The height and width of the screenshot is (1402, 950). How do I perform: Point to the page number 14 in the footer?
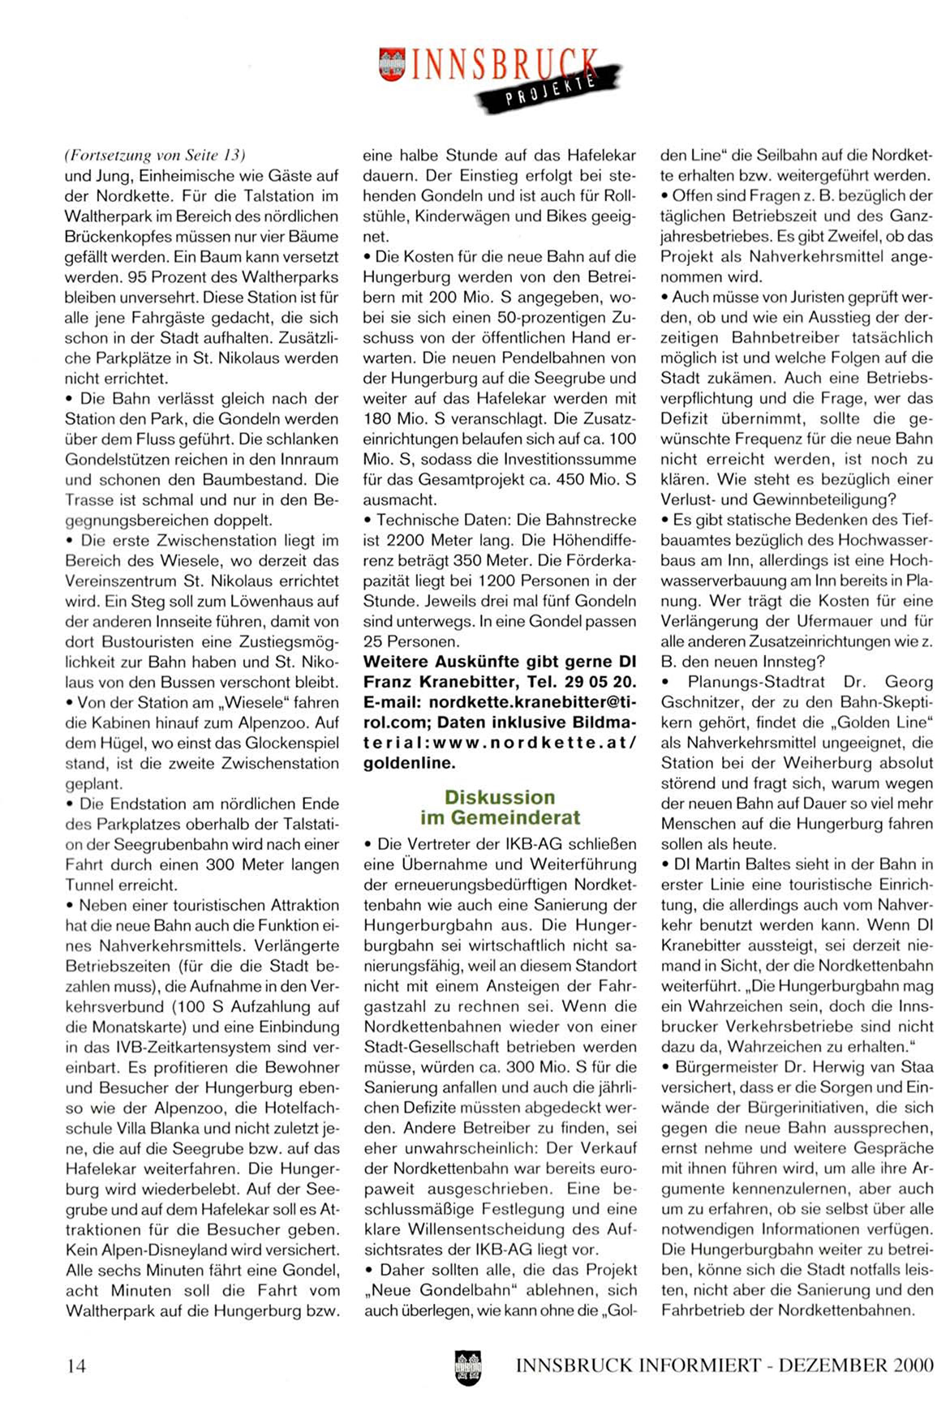[x=76, y=1366]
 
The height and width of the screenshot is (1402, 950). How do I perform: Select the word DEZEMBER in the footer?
[x=832, y=1366]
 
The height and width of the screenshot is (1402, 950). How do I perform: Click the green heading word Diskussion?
[x=500, y=797]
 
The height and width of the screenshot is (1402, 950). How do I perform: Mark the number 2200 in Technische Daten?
[x=406, y=540]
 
